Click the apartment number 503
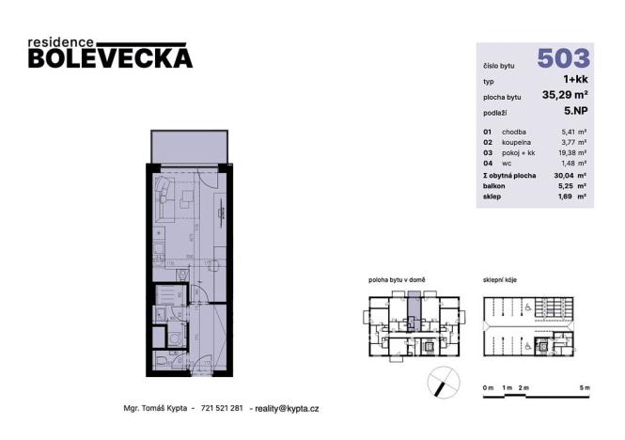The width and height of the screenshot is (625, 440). point(563,58)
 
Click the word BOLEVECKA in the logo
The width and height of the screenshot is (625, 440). point(110,58)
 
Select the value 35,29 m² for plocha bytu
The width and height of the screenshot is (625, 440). point(566,94)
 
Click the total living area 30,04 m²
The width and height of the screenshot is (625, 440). point(573,175)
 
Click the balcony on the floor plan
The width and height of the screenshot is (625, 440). point(189,145)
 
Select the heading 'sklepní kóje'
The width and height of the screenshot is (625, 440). point(502,280)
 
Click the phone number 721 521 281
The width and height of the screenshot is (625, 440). point(223,409)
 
